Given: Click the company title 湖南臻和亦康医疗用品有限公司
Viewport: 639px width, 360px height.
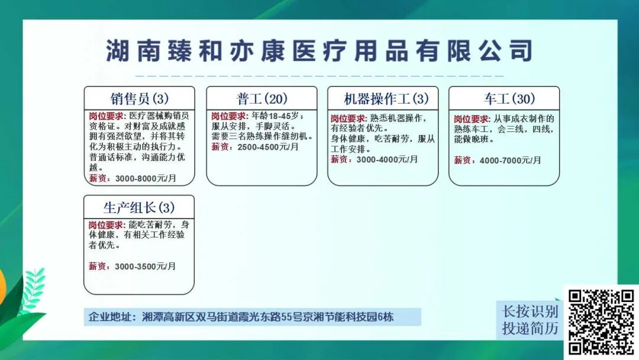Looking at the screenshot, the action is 319,50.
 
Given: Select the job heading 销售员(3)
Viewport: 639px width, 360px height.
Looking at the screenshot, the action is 140,99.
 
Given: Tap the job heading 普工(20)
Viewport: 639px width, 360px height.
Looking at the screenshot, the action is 262,99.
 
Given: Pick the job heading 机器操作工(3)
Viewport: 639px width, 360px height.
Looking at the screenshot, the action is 386,99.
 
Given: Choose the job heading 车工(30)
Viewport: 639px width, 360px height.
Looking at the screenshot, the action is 509,99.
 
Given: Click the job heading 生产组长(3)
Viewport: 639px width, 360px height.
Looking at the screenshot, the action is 139,208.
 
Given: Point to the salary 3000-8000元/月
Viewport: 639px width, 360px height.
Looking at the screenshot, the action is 146,178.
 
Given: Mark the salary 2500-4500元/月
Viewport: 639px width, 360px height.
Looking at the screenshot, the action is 268,147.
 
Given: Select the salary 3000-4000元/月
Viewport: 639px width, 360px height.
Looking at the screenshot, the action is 387,159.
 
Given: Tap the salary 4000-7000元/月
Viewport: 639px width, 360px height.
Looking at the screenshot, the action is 510,160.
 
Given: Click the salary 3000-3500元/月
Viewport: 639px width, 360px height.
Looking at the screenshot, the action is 145,266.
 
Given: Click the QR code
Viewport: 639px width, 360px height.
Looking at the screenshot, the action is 601,322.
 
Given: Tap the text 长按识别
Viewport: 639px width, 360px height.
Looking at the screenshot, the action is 530,311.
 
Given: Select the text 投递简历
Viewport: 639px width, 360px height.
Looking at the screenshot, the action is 530,328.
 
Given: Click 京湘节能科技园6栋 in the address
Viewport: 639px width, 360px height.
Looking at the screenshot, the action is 347,317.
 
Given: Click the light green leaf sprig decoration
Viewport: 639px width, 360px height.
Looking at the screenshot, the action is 33,290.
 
